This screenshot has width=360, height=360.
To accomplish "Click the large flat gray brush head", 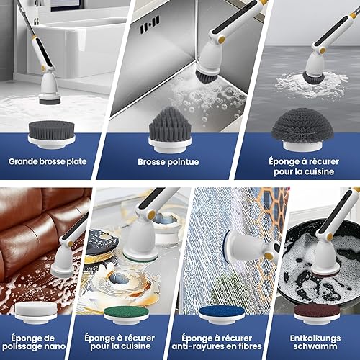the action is coord(51,135).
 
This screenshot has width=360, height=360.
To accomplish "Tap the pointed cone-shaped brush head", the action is coord(170,130).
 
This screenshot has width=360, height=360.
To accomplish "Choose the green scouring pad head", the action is coord(126,315).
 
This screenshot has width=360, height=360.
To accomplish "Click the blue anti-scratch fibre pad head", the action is coord(221,315).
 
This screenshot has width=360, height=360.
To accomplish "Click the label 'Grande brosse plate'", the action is coord(48,161).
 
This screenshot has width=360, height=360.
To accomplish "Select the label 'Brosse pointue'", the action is coord(168,162).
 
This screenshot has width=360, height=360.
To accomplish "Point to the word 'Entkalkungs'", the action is coord(315,338).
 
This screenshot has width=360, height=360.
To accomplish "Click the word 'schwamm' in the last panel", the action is coord(315,346).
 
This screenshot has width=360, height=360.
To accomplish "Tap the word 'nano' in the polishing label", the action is coord(54,346).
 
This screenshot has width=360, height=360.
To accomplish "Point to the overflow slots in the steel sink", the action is coord(150,24).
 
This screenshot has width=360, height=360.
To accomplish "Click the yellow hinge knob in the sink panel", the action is coord(222,39).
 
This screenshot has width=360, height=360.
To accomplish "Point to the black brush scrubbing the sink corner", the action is coord(207,76).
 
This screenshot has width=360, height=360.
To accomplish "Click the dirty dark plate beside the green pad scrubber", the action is coord(102,246).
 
